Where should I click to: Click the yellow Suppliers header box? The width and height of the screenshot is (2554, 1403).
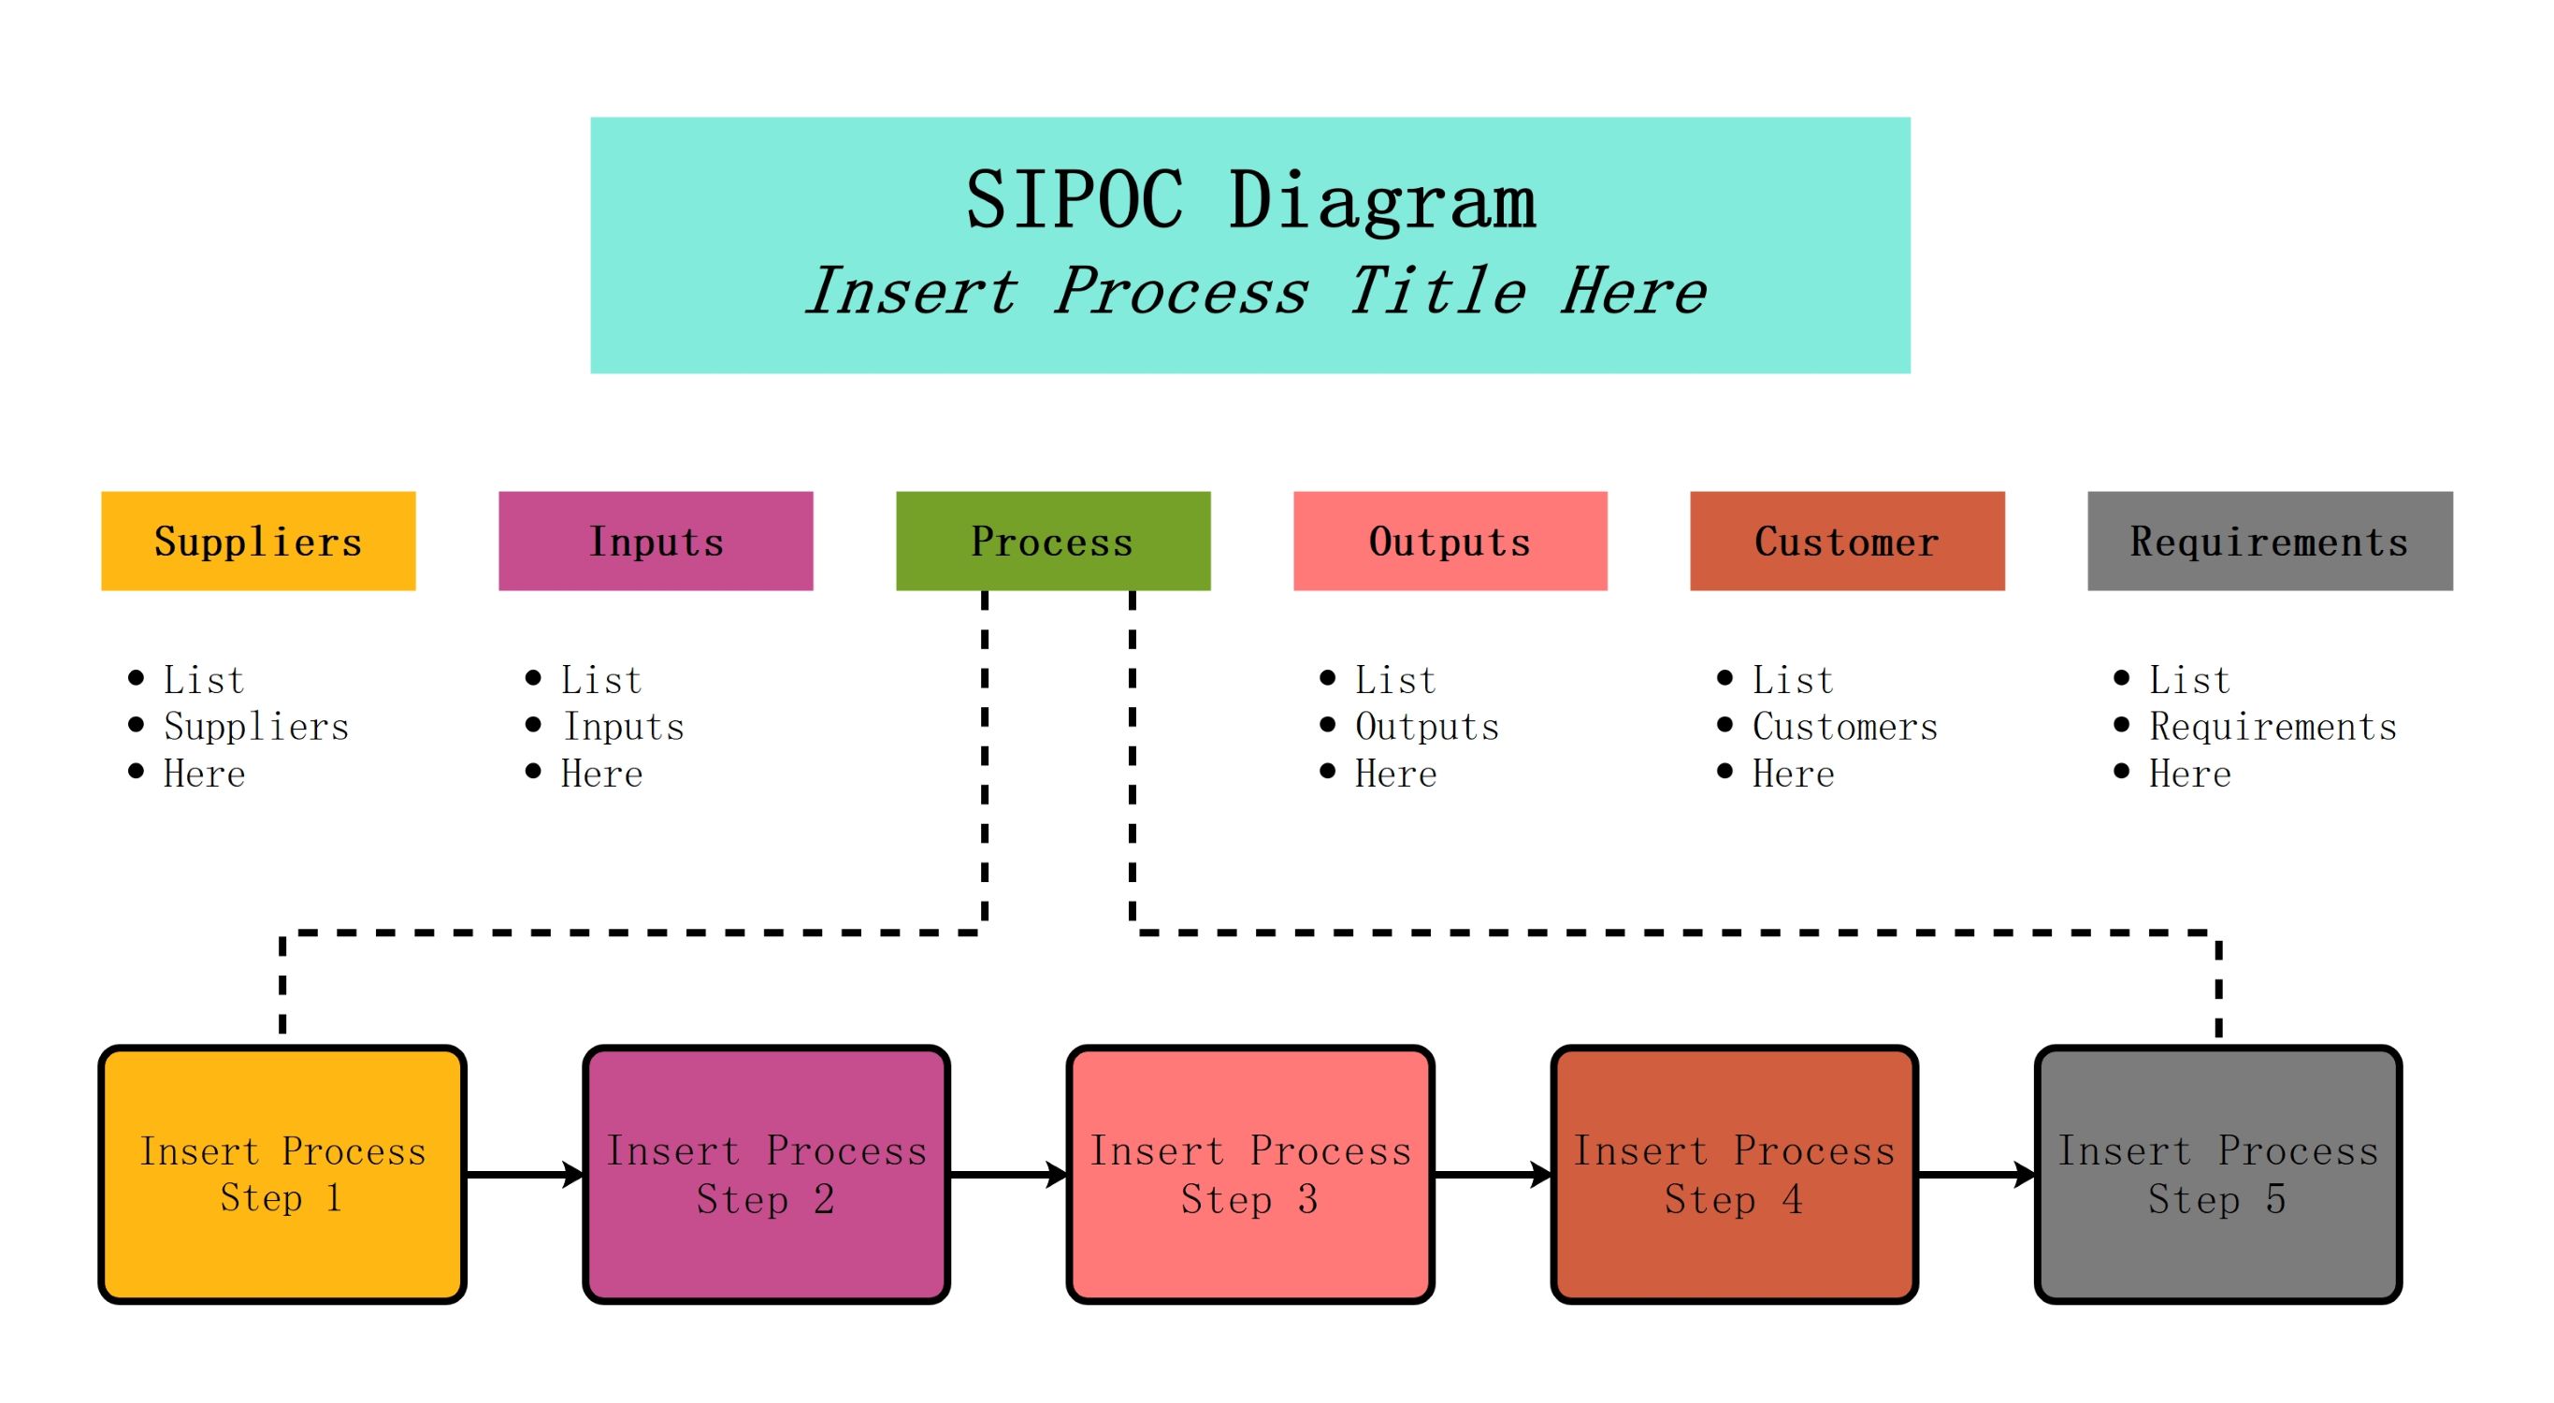(x=258, y=542)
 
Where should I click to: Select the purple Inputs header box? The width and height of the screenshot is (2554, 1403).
(x=656, y=542)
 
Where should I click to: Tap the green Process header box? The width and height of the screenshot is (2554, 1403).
(x=1053, y=542)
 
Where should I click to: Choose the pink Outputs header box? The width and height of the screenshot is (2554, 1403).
(x=1450, y=542)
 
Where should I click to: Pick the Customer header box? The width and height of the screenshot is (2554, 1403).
(x=1847, y=542)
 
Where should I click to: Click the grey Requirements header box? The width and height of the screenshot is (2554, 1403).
(x=2270, y=542)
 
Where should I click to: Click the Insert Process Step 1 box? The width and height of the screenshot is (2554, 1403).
(x=282, y=1174)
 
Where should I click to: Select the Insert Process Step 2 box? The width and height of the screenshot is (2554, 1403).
(x=767, y=1174)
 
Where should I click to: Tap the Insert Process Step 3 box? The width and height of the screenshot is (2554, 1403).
(x=1250, y=1174)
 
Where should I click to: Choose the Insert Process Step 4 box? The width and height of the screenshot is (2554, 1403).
(x=1734, y=1174)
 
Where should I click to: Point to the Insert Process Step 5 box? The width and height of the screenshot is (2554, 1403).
(x=2218, y=1174)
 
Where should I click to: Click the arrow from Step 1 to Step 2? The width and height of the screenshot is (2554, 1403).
(x=525, y=1175)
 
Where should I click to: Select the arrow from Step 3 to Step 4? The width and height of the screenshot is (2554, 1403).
(x=1493, y=1175)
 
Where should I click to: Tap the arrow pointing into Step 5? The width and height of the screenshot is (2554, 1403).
(x=1976, y=1175)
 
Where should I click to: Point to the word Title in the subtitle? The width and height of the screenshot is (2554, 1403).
(x=1436, y=292)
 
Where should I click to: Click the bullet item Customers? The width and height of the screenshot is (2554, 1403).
(x=1844, y=727)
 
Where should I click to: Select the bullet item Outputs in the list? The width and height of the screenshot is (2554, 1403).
(x=1427, y=727)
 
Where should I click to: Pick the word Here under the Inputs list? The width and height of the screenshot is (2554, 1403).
(x=602, y=774)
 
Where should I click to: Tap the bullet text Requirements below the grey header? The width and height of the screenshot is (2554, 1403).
(x=2273, y=727)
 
